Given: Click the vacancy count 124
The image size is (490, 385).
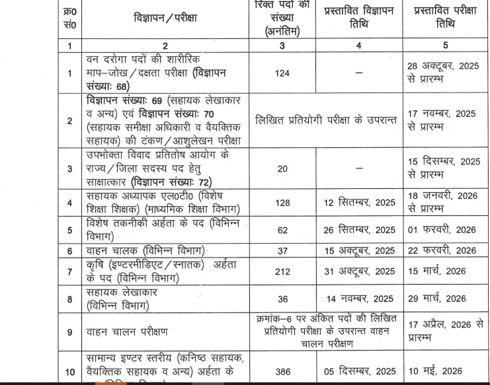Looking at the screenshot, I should click(282, 73).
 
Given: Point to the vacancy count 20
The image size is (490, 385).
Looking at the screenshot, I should click(282, 168).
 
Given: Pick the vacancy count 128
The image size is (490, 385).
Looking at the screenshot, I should click(282, 203).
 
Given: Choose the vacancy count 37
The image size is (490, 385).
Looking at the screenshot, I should click(282, 251).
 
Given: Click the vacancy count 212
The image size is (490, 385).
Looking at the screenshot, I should click(282, 271).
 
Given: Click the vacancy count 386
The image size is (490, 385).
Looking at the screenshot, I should click(282, 372).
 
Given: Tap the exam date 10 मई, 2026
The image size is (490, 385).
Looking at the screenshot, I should click(434, 372).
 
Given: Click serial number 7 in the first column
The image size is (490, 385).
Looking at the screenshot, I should click(69, 271).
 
